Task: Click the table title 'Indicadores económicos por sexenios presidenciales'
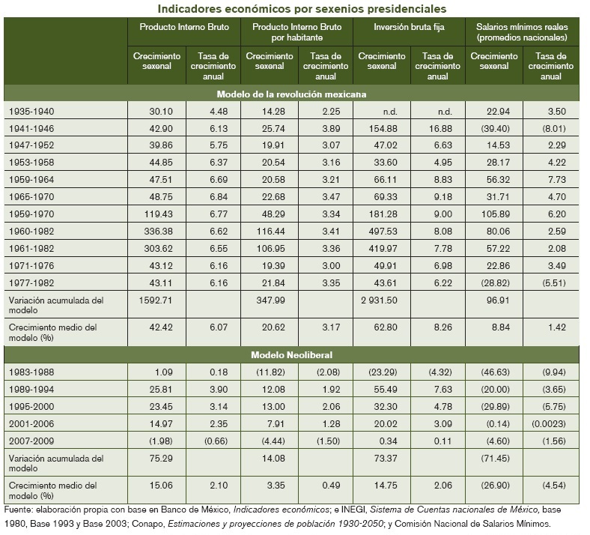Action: pyautogui.click(x=301, y=8)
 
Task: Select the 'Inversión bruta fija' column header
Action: pyautogui.click(x=409, y=26)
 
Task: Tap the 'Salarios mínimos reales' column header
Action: pyautogui.click(x=522, y=31)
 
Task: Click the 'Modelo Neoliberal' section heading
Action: pyautogui.click(x=291, y=354)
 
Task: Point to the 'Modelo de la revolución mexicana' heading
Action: pyautogui.click(x=291, y=94)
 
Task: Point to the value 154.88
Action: pyautogui.click(x=382, y=128)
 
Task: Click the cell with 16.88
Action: pyautogui.click(x=437, y=128)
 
